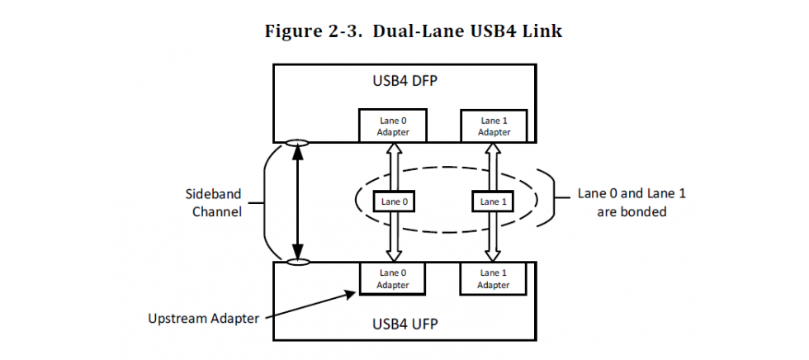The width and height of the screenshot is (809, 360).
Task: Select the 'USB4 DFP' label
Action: pos(404,83)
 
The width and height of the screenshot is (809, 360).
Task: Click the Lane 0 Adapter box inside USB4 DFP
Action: pos(393,126)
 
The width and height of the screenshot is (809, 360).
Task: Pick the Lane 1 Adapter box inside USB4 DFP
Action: pos(494,126)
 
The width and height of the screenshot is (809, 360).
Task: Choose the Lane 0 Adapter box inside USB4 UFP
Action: pos(393,278)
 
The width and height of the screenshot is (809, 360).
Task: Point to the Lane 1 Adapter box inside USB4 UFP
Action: pos(494,278)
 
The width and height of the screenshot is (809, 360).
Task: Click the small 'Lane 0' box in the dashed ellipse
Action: pos(393,201)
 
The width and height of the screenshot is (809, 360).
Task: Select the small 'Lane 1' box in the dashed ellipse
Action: pos(494,201)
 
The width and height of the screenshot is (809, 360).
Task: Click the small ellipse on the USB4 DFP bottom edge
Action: pos(297,143)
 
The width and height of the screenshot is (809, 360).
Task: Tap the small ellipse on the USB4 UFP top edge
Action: pos(297,262)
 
